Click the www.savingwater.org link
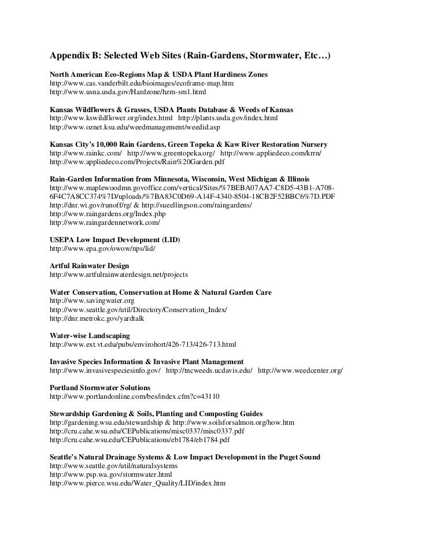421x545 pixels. click(x=93, y=301)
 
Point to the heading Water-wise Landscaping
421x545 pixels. click(x=90, y=336)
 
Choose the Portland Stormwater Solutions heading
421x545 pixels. click(x=100, y=387)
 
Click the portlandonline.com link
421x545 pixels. click(x=135, y=396)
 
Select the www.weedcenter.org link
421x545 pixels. click(x=300, y=370)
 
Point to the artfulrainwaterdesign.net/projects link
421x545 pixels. click(x=119, y=275)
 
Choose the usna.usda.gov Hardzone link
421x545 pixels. click(x=128, y=92)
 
